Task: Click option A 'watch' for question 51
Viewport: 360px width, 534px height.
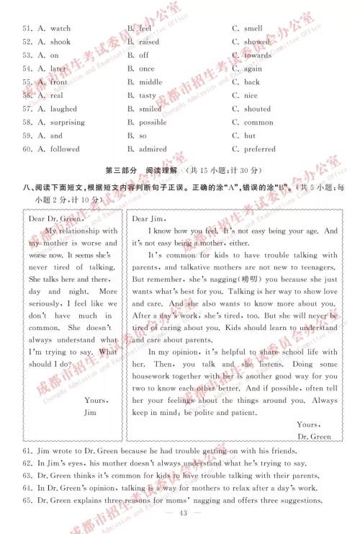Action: tap(60, 28)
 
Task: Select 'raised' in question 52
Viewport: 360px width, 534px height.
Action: tap(149, 42)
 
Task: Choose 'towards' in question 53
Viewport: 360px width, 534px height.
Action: tap(258, 55)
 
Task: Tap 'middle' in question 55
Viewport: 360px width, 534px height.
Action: tap(150, 82)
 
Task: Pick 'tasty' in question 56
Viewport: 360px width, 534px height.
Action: tap(148, 95)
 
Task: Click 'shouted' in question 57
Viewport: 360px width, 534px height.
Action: tap(257, 109)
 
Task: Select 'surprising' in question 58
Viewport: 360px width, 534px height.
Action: tap(67, 123)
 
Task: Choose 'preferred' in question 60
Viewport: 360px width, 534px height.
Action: tap(259, 149)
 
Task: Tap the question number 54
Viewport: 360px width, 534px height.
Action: tap(27, 68)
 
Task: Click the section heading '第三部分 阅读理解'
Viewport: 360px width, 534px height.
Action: tap(141, 171)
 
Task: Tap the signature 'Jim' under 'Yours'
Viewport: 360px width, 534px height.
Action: tap(90, 412)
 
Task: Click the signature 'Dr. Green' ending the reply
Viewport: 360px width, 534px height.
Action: tap(314, 437)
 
